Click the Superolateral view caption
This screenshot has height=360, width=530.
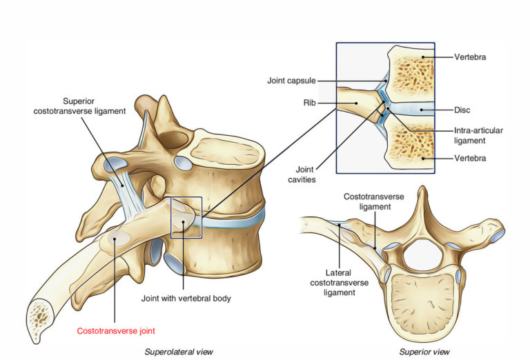pyautogui.click(x=178, y=351)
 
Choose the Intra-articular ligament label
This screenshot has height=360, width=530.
pyautogui.click(x=478, y=134)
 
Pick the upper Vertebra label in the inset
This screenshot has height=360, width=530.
pyautogui.click(x=471, y=57)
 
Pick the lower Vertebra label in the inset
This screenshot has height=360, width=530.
pyautogui.click(x=471, y=159)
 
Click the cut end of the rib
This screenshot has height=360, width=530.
pyautogui.click(x=41, y=319)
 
